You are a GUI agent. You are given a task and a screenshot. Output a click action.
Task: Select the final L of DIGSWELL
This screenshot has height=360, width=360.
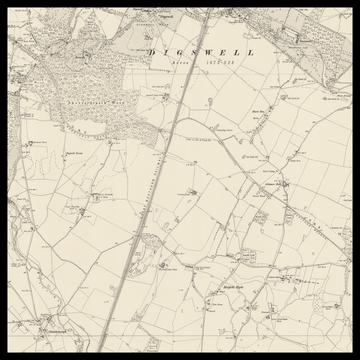click(x=251, y=52)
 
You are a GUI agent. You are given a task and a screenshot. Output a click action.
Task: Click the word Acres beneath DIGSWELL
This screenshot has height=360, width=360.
click(x=179, y=62)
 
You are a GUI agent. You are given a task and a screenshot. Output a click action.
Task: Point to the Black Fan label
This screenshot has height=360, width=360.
click(x=258, y=112)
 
